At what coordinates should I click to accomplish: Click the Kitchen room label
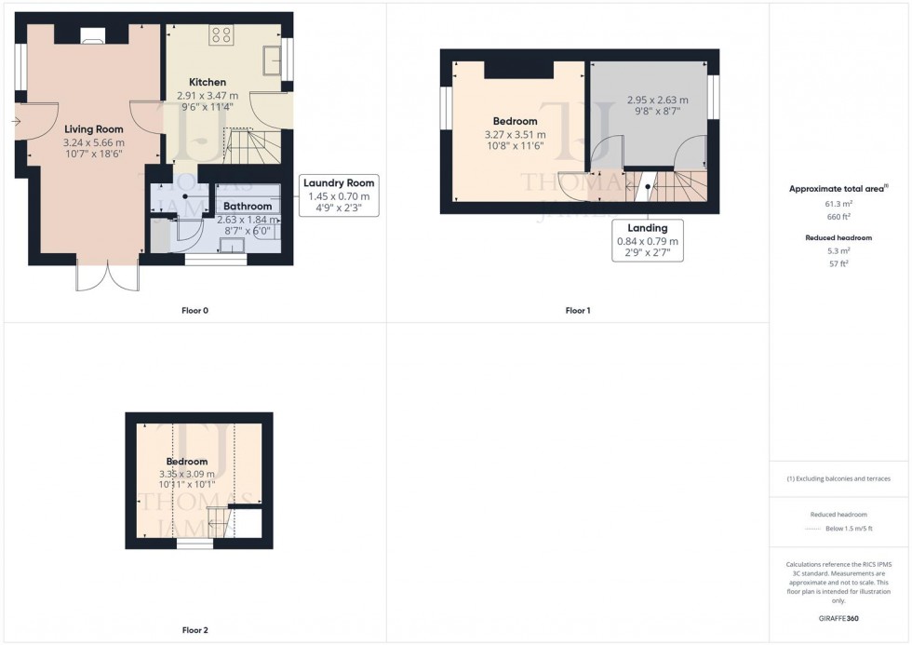pos(207,82)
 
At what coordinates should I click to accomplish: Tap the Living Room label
pos(93,128)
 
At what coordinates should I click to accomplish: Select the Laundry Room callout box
pos(338,195)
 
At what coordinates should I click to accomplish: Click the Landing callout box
pos(647,240)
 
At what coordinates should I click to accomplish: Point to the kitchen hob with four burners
pos(221,35)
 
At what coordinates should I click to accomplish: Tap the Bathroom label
pos(247,207)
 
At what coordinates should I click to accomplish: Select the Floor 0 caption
pos(194,310)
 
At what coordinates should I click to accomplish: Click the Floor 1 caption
pos(577,310)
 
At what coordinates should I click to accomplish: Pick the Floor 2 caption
pos(194,630)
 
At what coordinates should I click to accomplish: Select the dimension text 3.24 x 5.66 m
pos(93,142)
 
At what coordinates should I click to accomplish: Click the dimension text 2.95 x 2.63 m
pos(657,100)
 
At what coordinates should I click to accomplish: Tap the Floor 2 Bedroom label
pos(187,462)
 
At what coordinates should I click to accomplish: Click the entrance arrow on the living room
pos(18,122)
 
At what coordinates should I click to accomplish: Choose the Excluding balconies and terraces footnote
pos(838,478)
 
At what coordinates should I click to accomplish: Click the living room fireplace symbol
pos(92,37)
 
